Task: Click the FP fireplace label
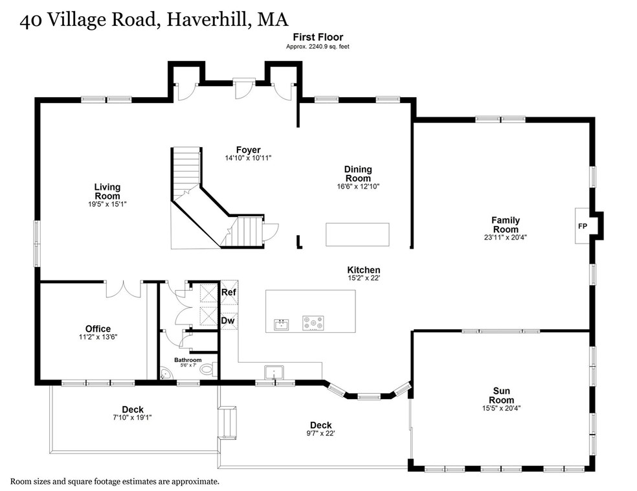(583, 226)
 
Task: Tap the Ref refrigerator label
(229, 292)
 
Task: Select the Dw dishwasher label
(228, 320)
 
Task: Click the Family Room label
(506, 224)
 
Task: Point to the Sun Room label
(501, 395)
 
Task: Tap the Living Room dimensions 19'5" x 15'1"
(107, 204)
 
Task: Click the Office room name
(98, 328)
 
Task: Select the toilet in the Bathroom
(208, 369)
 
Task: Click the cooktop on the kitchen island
(313, 323)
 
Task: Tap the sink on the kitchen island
(281, 325)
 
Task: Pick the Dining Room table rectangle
(357, 234)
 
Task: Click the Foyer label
(248, 150)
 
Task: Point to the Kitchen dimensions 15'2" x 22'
(364, 279)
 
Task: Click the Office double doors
(124, 289)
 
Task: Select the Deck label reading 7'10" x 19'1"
(133, 413)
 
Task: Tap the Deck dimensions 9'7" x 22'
(320, 433)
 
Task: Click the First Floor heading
(318, 37)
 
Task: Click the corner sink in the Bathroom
(164, 374)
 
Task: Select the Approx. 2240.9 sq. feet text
(318, 47)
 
